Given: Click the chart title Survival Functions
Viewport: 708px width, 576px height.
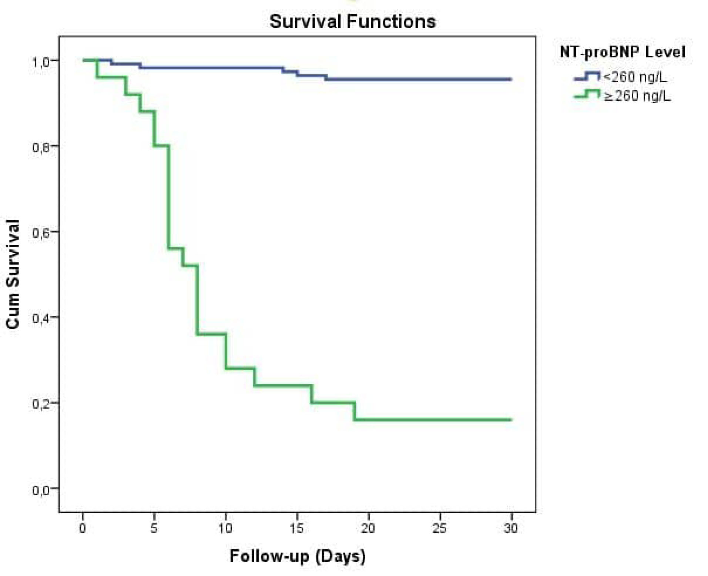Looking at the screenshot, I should pos(352,21).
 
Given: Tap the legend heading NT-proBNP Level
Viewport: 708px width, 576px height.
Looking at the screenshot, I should pos(622,52).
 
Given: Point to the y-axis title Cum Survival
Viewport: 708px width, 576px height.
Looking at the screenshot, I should pos(13,274).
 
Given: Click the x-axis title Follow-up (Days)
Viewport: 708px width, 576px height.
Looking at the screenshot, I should pos(298,556).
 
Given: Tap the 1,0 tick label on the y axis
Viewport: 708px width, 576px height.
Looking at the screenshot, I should pos(40,62).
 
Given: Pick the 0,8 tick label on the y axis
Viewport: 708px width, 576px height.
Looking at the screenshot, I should pos(40,147).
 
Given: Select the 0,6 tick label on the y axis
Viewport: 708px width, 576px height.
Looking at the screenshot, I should pos(40,233).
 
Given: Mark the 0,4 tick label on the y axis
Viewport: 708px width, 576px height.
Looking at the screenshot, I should pos(40,318).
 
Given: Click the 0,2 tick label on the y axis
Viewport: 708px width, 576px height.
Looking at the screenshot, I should pos(40,404).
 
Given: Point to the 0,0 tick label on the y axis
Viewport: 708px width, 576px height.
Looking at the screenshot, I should pos(40,490).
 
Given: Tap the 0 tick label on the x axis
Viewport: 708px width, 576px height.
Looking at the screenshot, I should pos(83,528).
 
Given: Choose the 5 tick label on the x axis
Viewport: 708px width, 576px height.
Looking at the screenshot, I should pos(154,528).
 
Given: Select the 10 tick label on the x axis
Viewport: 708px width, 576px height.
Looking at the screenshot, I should pos(225,528).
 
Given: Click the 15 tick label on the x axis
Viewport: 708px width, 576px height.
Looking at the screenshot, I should pos(296,528).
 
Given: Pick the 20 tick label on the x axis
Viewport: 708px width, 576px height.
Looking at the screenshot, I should pos(368,528).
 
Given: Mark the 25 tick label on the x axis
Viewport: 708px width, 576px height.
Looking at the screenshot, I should pos(439,528).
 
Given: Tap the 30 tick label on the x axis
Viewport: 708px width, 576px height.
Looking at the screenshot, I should pos(511,528).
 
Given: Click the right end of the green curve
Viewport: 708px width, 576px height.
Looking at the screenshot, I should pos(511,420).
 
